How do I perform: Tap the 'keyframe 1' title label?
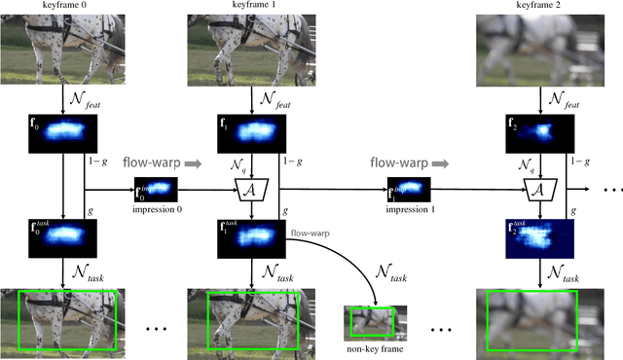[x=251, y=7]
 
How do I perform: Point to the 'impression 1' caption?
[x=411, y=209]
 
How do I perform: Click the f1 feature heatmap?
[x=250, y=132]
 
